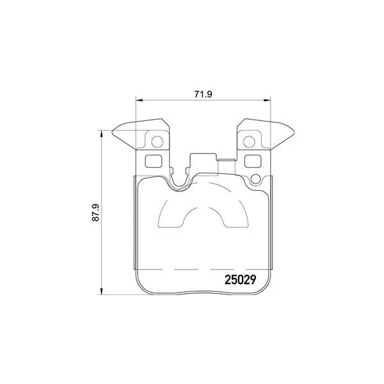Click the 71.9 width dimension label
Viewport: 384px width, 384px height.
click(x=203, y=94)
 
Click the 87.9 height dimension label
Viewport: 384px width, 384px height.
click(x=95, y=212)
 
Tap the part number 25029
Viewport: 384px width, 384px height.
click(x=240, y=280)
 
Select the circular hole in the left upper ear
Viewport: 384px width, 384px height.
click(x=157, y=141)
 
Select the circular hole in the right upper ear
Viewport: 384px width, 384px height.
click(x=249, y=141)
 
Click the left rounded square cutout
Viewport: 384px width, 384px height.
click(x=154, y=161)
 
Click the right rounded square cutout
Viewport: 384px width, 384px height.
click(x=253, y=161)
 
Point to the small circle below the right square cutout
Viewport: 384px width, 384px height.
click(x=255, y=179)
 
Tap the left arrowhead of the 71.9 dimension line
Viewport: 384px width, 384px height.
click(x=139, y=100)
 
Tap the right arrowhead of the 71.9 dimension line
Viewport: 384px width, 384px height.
click(x=267, y=100)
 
